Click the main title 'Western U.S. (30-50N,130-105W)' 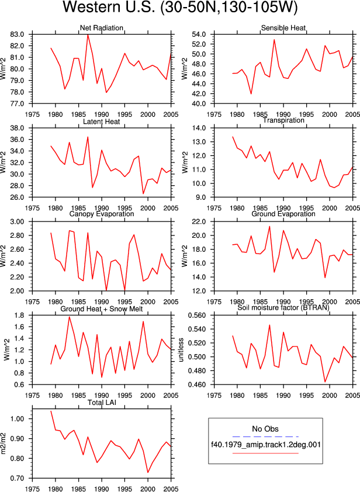(180, 7)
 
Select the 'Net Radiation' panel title (101, 28)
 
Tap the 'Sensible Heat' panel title (283, 28)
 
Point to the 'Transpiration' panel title (283, 120)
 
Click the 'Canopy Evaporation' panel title (101, 214)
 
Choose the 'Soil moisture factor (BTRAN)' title (283, 307)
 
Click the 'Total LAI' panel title (102, 402)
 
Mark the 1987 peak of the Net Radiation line (88, 34)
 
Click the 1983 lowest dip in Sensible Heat (251, 94)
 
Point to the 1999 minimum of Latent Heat (143, 193)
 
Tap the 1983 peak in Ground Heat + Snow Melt (70, 317)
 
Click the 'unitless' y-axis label (181, 350)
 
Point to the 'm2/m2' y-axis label (4, 444)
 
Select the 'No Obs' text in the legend (265, 429)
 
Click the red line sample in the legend (265, 453)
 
